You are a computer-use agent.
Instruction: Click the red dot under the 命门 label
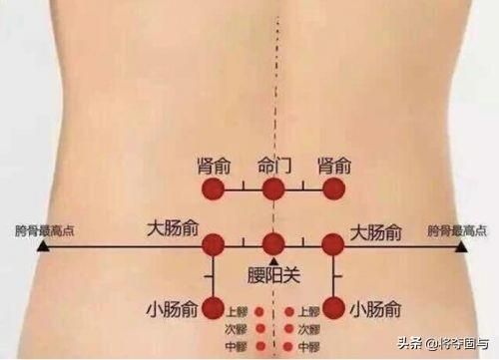click(x=272, y=189)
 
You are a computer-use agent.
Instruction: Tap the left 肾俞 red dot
click(x=214, y=189)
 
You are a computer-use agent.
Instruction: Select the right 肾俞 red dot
click(x=333, y=189)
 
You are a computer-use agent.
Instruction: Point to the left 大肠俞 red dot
click(x=214, y=244)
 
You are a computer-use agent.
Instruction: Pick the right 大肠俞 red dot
click(x=333, y=244)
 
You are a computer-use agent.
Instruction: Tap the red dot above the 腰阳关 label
click(x=273, y=244)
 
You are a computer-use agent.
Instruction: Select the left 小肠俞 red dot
click(x=214, y=307)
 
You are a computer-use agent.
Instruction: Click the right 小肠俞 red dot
click(x=333, y=307)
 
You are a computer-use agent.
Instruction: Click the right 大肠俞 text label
click(x=376, y=232)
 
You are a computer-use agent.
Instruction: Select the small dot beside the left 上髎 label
click(x=259, y=310)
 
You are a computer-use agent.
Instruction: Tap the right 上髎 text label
click(x=308, y=310)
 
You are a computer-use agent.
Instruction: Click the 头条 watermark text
click(x=409, y=346)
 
